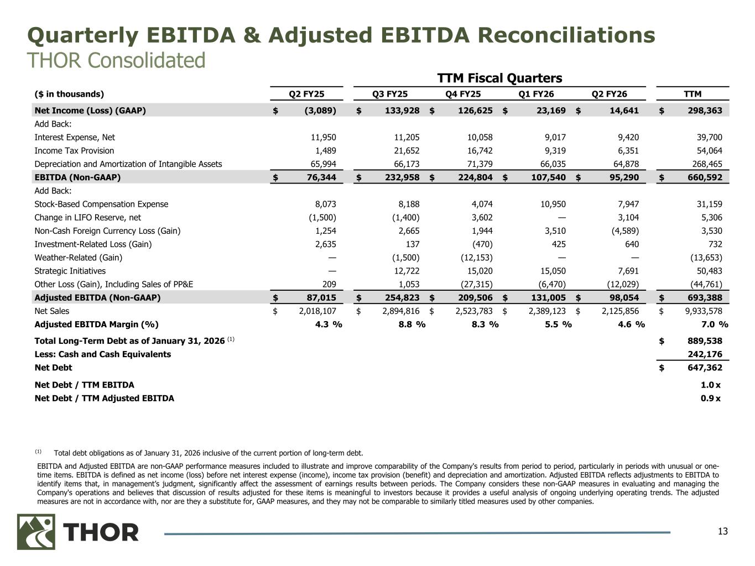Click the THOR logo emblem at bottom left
[36, 532]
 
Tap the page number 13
[723, 532]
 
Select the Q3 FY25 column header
[390, 94]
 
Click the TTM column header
[692, 94]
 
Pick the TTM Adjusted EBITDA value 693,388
[701, 297]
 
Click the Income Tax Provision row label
[74, 150]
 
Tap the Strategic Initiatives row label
[70, 271]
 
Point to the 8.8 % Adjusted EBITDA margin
[412, 324]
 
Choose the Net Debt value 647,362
[701, 368]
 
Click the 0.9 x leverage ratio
[710, 398]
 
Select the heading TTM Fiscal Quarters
[499, 78]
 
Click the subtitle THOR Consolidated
[116, 60]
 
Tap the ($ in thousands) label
[69, 94]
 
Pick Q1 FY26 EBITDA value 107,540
[545, 177]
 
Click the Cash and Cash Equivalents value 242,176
[701, 354]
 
